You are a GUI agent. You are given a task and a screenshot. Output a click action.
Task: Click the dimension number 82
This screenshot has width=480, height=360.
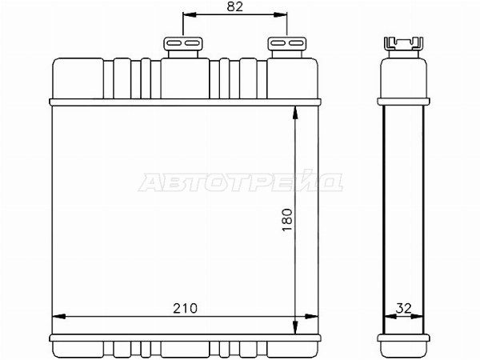pos(234,6)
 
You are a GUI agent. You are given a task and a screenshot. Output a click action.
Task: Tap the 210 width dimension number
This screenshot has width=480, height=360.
pos(186,308)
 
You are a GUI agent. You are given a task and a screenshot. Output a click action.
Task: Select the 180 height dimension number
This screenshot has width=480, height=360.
pos(287,220)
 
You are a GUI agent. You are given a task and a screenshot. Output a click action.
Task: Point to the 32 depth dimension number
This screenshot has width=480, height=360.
pos(403,308)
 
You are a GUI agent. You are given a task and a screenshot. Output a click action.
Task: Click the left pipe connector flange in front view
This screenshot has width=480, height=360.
pos(183,43)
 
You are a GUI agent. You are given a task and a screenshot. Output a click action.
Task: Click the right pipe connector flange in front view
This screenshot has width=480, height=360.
pos(287,43)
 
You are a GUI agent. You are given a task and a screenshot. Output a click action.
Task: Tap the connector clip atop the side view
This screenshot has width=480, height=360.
pos(403,43)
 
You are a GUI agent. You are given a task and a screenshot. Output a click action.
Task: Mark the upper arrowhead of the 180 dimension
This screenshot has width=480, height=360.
pos(295,113)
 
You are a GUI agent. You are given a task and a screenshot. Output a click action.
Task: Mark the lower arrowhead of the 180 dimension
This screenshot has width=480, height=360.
pos(295,327)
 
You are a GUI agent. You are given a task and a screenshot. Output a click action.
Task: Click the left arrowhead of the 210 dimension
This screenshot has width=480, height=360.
pos(59,316)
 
